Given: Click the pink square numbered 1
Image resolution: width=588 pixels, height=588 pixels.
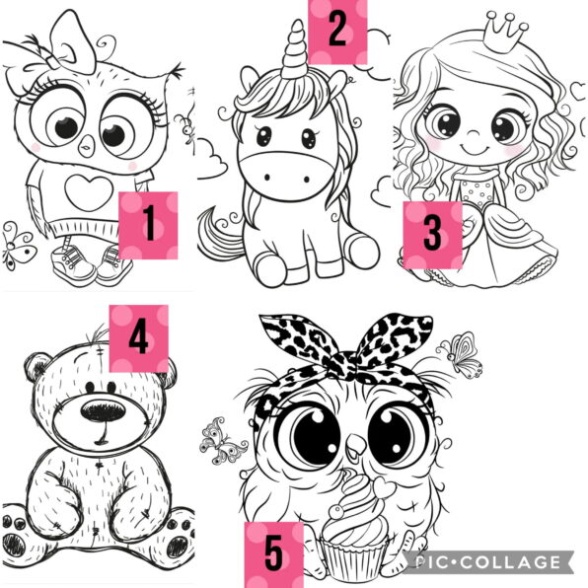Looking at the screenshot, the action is click(x=148, y=225).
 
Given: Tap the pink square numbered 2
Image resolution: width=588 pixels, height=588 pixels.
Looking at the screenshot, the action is click(x=337, y=32).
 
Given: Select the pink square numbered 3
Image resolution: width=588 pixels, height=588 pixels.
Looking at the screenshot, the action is click(x=433, y=235).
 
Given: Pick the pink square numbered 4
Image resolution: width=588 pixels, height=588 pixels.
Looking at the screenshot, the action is click(x=139, y=338).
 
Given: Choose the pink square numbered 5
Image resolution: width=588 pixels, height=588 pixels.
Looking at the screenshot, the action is click(x=274, y=555).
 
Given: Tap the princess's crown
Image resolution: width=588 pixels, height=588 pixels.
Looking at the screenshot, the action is click(x=505, y=33).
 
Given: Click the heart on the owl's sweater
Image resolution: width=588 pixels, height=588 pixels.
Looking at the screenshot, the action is click(x=89, y=192).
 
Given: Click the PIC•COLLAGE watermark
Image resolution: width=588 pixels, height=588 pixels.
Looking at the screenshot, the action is click(x=487, y=562).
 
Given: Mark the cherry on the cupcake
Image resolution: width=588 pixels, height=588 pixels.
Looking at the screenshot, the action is click(x=336, y=511).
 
